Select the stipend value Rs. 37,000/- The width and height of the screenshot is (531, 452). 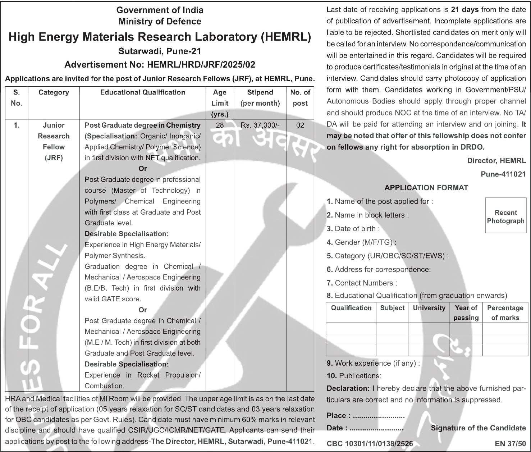pyautogui.click(x=260, y=125)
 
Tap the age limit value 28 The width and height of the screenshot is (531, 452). pyautogui.click(x=220, y=125)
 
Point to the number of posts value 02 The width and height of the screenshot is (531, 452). pyautogui.click(x=300, y=125)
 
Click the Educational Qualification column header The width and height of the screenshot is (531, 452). pyautogui.click(x=143, y=92)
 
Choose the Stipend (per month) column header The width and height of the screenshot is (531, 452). pyautogui.click(x=260, y=98)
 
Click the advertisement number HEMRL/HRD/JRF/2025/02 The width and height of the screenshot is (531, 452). pyautogui.click(x=201, y=65)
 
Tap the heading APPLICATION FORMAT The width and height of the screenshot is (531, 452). pyautogui.click(x=426, y=188)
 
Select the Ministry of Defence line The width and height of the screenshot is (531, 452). pyautogui.click(x=160, y=22)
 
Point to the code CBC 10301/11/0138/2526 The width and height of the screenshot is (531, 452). pyautogui.click(x=370, y=444)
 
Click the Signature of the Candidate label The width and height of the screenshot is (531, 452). pyautogui.click(x=478, y=428)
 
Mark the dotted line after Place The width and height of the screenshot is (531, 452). pyautogui.click(x=379, y=416)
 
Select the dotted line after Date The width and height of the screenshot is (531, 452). pyautogui.click(x=376, y=429)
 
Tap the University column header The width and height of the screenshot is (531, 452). pyautogui.click(x=429, y=308)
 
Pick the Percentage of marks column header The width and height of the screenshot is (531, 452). pyautogui.click(x=505, y=312)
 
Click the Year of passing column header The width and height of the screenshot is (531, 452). pyautogui.click(x=466, y=312)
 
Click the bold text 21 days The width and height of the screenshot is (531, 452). pyautogui.click(x=464, y=10)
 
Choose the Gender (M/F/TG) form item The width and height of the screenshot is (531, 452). pyautogui.click(x=361, y=242)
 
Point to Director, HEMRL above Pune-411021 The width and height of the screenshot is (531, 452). pyautogui.click(x=496, y=161)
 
